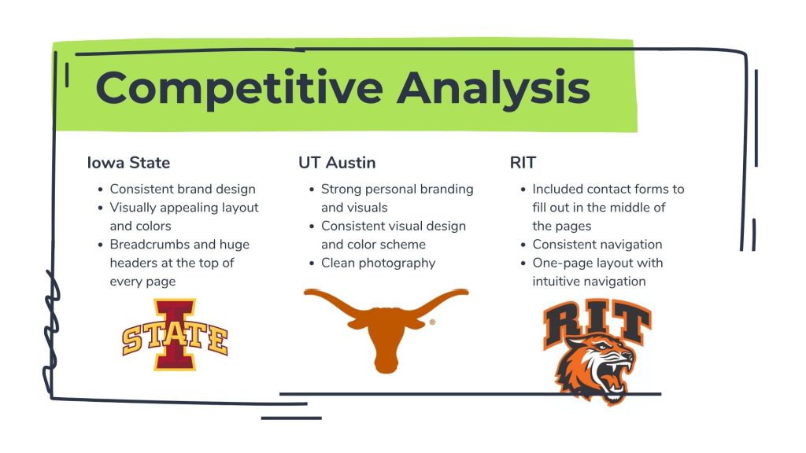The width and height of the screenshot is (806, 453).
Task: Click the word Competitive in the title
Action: tap(239, 88)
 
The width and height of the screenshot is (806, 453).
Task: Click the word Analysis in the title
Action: tap(494, 88)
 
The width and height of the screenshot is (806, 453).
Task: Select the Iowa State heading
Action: tap(128, 163)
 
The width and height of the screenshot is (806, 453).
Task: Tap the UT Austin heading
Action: tap(337, 163)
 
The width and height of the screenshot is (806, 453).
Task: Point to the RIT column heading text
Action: tap(523, 163)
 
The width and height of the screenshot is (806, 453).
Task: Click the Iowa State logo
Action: tap(175, 334)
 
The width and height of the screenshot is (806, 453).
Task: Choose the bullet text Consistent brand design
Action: tap(183, 189)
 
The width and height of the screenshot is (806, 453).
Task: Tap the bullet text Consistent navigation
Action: tap(597, 245)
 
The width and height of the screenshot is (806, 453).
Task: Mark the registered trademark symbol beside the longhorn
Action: tap(432, 322)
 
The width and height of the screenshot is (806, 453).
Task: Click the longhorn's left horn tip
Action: tap(305, 293)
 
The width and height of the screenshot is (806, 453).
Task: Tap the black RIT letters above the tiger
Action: tap(597, 322)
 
